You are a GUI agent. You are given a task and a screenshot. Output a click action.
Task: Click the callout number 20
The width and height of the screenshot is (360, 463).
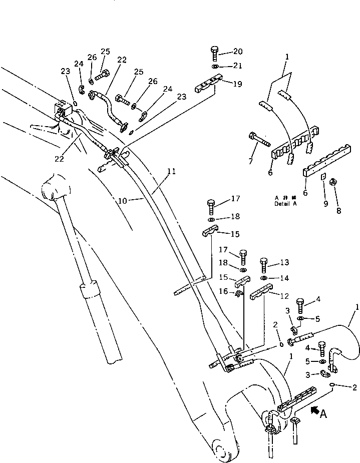[237, 51]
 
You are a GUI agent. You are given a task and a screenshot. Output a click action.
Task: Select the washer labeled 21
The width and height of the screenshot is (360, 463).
[214, 67]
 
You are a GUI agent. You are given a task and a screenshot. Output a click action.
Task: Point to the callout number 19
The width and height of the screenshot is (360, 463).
[237, 84]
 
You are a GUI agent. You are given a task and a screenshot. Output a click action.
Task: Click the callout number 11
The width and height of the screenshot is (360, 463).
[171, 172]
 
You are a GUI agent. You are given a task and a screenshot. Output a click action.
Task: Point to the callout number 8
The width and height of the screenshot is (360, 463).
[338, 211]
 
